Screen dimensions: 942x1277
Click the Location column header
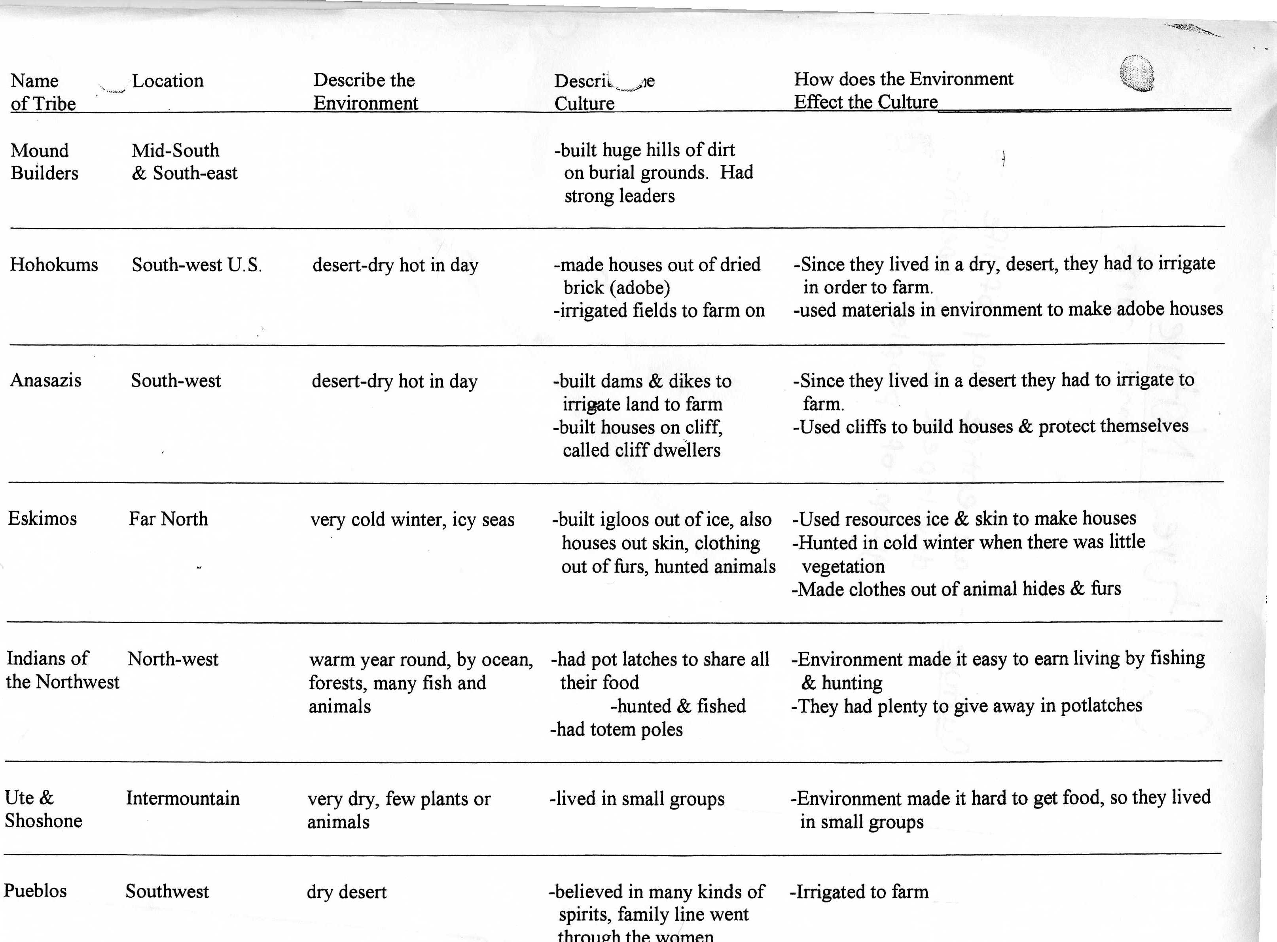168,81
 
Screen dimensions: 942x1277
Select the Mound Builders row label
44,162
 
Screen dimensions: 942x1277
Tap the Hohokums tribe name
54,265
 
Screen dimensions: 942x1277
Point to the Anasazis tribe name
45,380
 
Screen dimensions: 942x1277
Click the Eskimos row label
42,519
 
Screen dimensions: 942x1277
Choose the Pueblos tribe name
35,891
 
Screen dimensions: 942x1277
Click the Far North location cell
168,519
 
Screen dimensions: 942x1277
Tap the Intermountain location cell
182,798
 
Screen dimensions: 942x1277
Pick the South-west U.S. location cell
197,265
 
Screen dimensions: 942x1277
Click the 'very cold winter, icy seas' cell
412,520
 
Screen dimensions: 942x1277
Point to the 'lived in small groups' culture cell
637,799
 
